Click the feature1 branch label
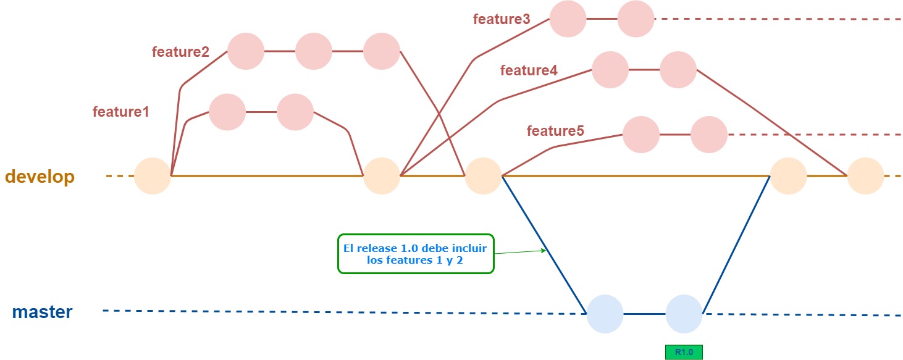click(121, 112)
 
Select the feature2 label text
click(180, 52)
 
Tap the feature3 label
click(502, 19)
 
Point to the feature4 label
click(529, 70)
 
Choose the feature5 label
click(555, 131)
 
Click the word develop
click(40, 177)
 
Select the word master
click(42, 312)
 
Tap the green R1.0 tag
click(684, 352)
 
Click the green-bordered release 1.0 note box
click(416, 253)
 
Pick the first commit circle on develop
click(153, 176)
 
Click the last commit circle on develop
click(865, 176)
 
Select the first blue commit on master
click(605, 314)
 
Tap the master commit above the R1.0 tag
click(684, 314)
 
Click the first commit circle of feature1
click(227, 112)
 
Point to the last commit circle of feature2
click(381, 52)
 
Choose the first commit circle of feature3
click(568, 19)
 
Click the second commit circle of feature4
click(678, 70)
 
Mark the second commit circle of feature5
click(708, 135)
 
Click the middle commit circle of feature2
click(314, 52)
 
